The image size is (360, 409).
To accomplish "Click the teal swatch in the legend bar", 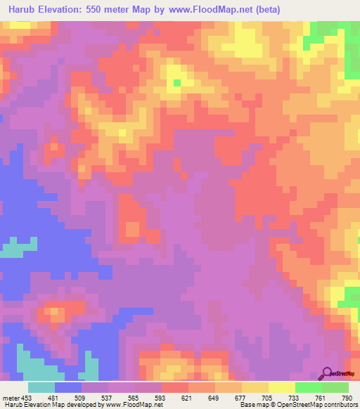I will coord(41,388).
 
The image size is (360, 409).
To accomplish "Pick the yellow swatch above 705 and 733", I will coord(282,388).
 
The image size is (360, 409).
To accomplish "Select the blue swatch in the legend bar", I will coord(68,388).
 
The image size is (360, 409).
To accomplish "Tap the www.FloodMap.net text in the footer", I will coord(139,405).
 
